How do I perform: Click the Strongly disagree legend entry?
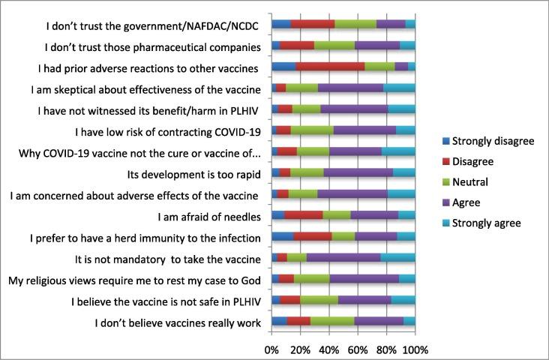click(487, 140)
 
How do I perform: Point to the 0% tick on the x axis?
click(271, 349)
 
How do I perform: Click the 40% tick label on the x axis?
click(328, 349)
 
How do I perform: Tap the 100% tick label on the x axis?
click(415, 349)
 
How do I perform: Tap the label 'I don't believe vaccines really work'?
click(177, 323)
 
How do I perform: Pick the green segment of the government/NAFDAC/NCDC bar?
click(355, 24)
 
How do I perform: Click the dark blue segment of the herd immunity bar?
click(282, 237)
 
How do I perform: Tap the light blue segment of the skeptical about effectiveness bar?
click(399, 88)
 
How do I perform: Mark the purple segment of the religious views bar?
click(364, 279)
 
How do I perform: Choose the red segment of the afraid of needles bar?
click(304, 216)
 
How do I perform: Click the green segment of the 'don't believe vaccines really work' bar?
click(332, 322)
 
